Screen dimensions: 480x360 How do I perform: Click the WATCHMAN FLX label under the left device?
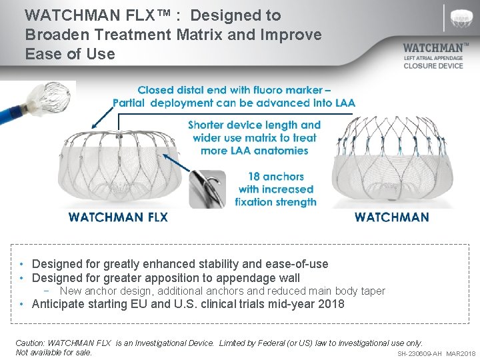[x=118, y=217]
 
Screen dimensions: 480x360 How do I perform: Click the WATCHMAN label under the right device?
[x=391, y=217]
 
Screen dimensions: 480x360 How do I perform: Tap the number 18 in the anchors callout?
[x=255, y=177]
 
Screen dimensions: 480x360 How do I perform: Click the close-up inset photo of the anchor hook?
[x=209, y=187]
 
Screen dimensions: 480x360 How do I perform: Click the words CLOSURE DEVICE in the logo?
[x=433, y=66]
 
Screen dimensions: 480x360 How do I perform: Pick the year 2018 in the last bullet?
[x=331, y=304]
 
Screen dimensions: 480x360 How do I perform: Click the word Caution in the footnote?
[x=30, y=343]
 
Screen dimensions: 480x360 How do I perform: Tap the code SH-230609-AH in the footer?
[x=419, y=353]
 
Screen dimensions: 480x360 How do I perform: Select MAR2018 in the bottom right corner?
[x=461, y=353]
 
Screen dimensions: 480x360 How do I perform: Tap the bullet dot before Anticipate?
[x=23, y=304]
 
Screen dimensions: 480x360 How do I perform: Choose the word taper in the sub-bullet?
[x=371, y=291]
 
